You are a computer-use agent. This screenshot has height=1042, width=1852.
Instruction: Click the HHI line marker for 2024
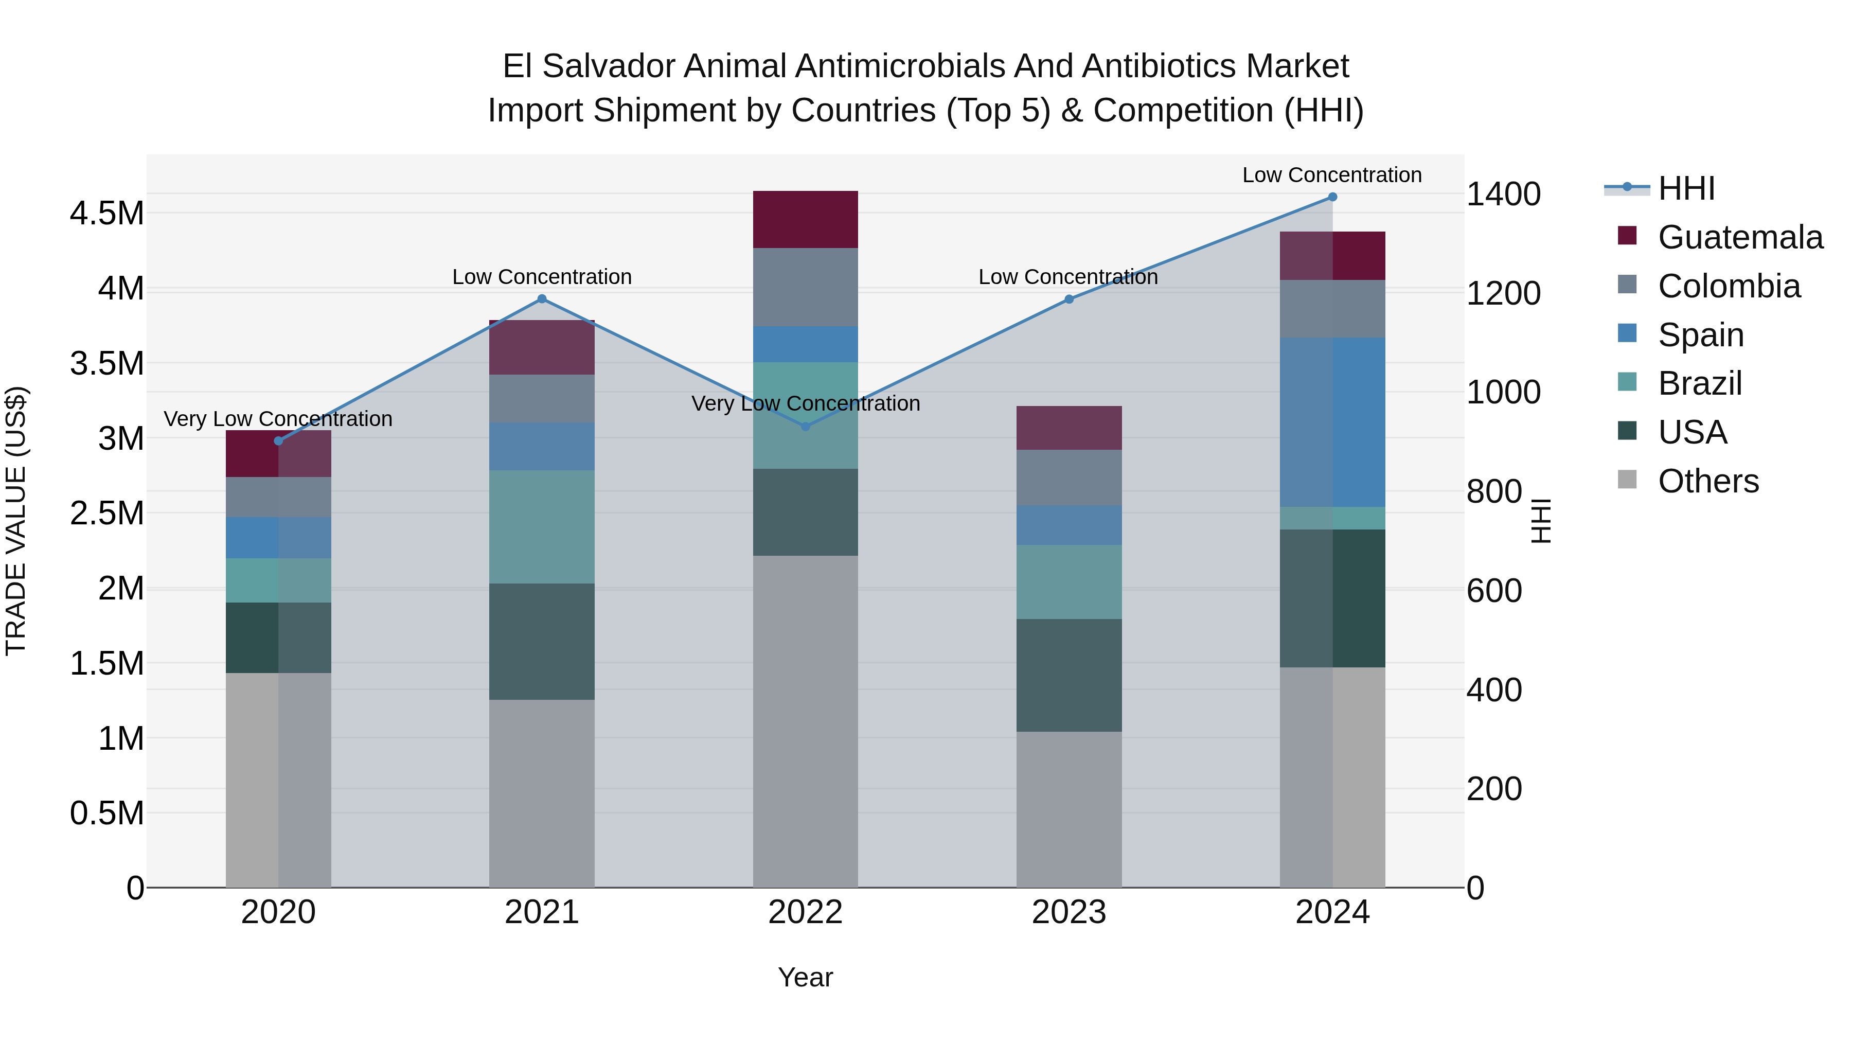click(1332, 197)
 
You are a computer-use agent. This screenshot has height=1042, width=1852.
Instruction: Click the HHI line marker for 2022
click(805, 427)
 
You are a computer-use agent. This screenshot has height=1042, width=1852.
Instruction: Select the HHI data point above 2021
click(542, 299)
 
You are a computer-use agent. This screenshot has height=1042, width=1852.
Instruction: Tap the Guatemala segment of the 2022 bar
click(805, 219)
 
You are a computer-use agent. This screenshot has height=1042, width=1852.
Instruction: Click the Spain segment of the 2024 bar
click(1332, 422)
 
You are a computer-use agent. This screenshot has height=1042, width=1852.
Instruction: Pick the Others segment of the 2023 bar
click(1069, 809)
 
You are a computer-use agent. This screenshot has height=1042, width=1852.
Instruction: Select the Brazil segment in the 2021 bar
click(542, 526)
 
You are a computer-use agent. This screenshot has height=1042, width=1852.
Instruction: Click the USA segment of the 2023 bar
click(1069, 675)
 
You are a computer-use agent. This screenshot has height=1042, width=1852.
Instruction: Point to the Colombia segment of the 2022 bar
click(805, 287)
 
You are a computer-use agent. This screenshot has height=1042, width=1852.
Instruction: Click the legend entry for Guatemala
click(1740, 237)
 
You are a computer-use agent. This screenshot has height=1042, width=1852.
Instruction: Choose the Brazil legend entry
click(1700, 383)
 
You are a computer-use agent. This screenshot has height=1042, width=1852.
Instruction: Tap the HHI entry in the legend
click(1686, 188)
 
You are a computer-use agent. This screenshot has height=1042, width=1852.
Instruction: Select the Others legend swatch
click(1627, 480)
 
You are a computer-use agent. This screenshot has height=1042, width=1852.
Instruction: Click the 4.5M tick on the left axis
click(106, 214)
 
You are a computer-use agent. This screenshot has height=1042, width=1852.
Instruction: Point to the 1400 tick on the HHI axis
click(1503, 194)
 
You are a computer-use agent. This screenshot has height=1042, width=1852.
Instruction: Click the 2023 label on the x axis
click(1069, 912)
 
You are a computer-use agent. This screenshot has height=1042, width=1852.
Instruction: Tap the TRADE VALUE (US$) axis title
click(16, 521)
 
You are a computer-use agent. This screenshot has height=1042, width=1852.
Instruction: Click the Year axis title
click(805, 977)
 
